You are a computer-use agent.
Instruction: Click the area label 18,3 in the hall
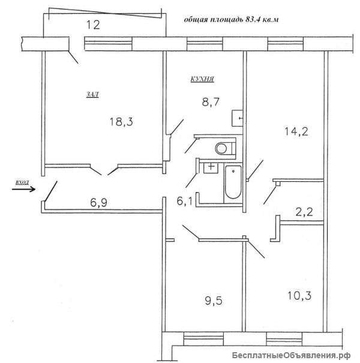pos(121,122)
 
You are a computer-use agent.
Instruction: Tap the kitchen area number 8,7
pos(211,102)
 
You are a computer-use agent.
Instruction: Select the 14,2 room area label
pos(296,132)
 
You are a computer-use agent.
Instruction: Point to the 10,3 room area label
pos(299,296)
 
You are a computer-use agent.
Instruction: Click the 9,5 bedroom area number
pos(214,301)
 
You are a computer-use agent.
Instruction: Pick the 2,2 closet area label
pos(304,212)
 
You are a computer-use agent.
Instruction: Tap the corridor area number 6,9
pos(98,203)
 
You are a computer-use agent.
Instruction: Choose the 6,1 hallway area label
pos(185,202)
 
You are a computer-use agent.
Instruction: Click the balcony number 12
pos(93,25)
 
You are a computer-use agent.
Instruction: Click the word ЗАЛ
pos(92,94)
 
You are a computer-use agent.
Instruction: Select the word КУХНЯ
pos(202,79)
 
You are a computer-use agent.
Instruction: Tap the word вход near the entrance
pos(22,182)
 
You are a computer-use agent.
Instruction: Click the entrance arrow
pos(23,190)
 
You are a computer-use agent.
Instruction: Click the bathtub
pos(233,182)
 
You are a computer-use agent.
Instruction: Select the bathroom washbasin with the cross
pos(211,167)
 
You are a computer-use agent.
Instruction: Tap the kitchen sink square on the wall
pos(237,118)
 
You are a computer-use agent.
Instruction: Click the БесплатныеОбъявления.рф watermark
pos(292,355)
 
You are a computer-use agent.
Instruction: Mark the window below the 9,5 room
pos(203,339)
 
